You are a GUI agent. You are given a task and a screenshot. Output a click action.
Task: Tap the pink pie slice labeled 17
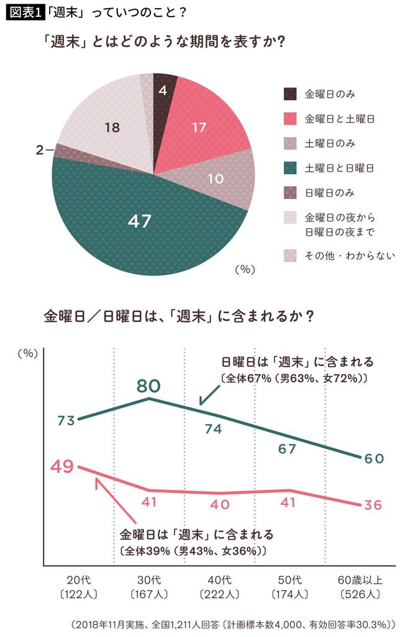(x=199, y=128)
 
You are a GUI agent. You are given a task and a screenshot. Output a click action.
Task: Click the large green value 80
(x=149, y=386)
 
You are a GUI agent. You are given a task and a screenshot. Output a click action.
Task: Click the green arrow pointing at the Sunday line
(x=207, y=395)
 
